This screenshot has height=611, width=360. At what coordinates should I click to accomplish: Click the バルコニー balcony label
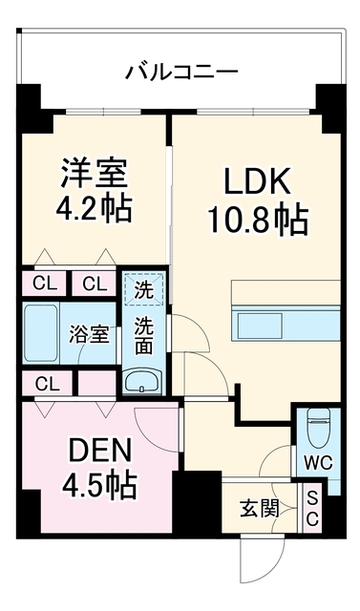[x=181, y=72]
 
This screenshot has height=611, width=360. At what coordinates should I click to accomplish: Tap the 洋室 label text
[x=94, y=174]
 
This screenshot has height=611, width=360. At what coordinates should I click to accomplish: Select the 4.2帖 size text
[x=94, y=208]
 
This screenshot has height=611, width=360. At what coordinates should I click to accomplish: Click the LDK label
[x=257, y=181]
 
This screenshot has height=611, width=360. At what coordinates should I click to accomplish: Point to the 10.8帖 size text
[x=258, y=220]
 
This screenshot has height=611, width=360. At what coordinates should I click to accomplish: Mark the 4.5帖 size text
[x=99, y=486]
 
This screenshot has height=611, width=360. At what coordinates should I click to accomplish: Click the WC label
[x=319, y=464]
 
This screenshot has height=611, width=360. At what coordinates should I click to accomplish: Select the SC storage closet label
[x=312, y=508]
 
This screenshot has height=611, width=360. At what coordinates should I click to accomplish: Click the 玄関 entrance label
[x=260, y=509]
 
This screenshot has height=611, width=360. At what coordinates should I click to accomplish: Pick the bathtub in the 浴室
[x=41, y=333]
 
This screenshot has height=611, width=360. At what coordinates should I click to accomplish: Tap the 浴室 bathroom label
[x=89, y=335]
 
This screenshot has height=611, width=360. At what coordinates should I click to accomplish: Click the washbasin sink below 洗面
[x=142, y=381]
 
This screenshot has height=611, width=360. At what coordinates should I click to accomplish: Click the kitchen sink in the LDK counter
[x=261, y=326]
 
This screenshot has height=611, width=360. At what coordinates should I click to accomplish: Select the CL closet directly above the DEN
[x=47, y=384]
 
